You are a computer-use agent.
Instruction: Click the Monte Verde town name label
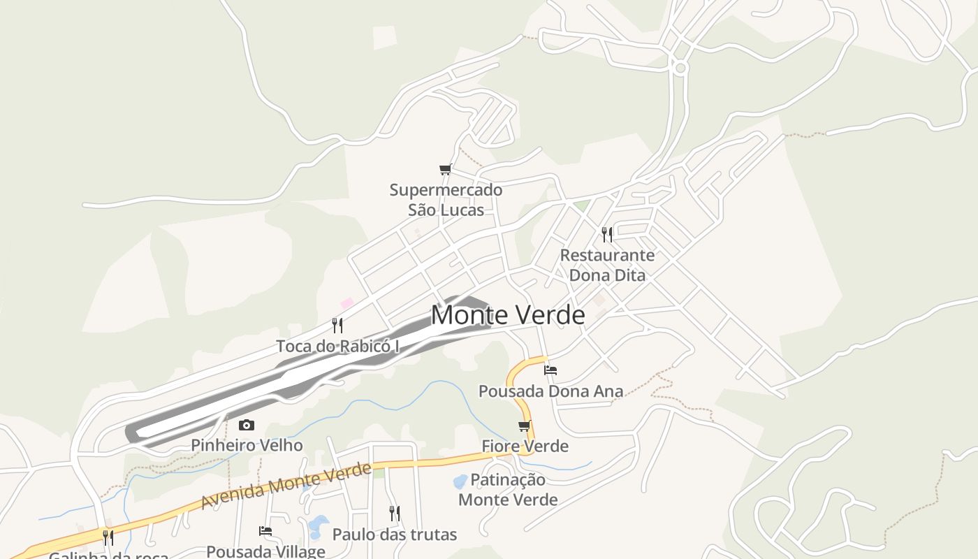508,315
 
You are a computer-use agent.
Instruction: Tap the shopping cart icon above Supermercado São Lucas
445,169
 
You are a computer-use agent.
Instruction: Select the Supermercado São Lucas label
446,200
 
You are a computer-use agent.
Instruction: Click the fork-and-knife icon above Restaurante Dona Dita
607,234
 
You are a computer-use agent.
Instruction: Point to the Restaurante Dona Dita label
607,265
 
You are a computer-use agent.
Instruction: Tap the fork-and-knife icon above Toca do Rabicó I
337,325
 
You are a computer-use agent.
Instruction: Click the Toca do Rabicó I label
337,346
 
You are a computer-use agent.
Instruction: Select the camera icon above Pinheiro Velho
247,425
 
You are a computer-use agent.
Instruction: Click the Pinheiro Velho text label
247,445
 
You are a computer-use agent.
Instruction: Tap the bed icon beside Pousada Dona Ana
550,370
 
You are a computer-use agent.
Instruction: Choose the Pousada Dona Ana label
550,391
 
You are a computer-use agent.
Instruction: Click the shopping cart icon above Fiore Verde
525,426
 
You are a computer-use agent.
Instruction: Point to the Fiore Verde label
525,446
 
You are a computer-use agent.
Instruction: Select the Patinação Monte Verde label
508,490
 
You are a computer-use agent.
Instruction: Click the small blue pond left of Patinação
460,481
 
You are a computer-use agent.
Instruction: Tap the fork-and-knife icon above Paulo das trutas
395,514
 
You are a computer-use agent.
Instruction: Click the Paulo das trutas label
395,535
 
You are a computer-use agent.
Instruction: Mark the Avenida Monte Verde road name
286,486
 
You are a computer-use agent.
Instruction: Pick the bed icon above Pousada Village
265,531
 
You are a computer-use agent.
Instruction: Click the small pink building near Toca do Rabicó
346,303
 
